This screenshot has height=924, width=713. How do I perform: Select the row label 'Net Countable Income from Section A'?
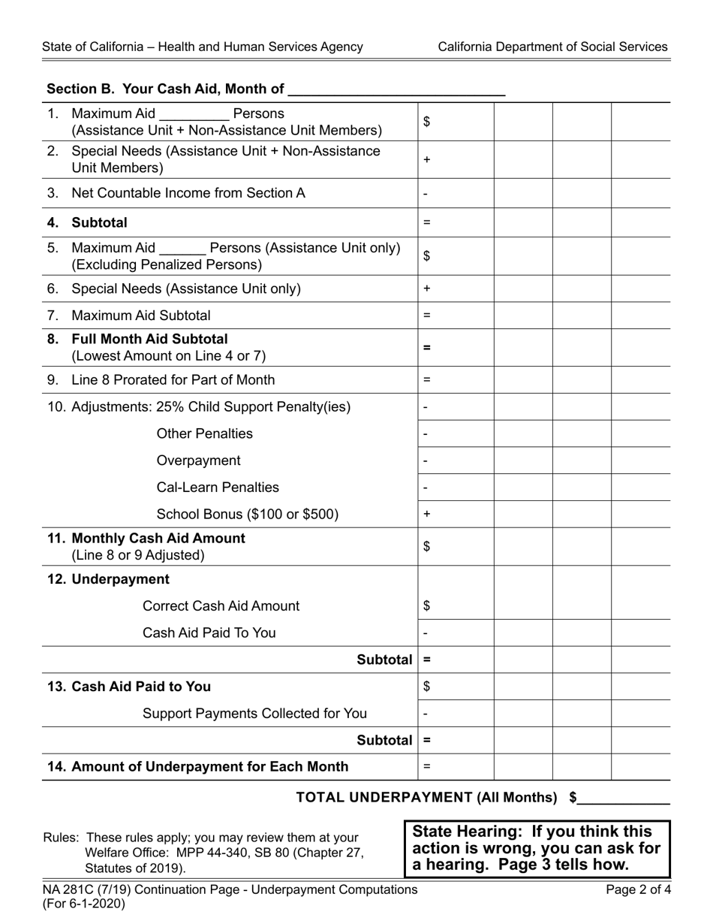[188, 193]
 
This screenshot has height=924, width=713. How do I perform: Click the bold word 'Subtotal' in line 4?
[99, 223]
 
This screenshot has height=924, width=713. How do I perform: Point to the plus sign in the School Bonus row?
[426, 515]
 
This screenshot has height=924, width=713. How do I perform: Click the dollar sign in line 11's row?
[426, 547]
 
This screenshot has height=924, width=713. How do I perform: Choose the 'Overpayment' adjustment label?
[198, 460]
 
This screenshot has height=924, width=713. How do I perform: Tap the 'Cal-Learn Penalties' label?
[218, 488]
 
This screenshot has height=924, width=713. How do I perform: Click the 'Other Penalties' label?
[204, 434]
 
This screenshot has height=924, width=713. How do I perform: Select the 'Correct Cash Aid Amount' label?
[221, 606]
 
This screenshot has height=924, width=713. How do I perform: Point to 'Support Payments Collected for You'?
[254, 714]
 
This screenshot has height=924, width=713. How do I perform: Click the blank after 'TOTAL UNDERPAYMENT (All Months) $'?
[624, 799]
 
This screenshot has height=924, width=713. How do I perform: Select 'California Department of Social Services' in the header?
[552, 47]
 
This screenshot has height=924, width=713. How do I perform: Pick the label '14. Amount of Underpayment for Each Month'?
[197, 767]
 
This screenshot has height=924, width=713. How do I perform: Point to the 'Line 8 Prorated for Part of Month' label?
[173, 380]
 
